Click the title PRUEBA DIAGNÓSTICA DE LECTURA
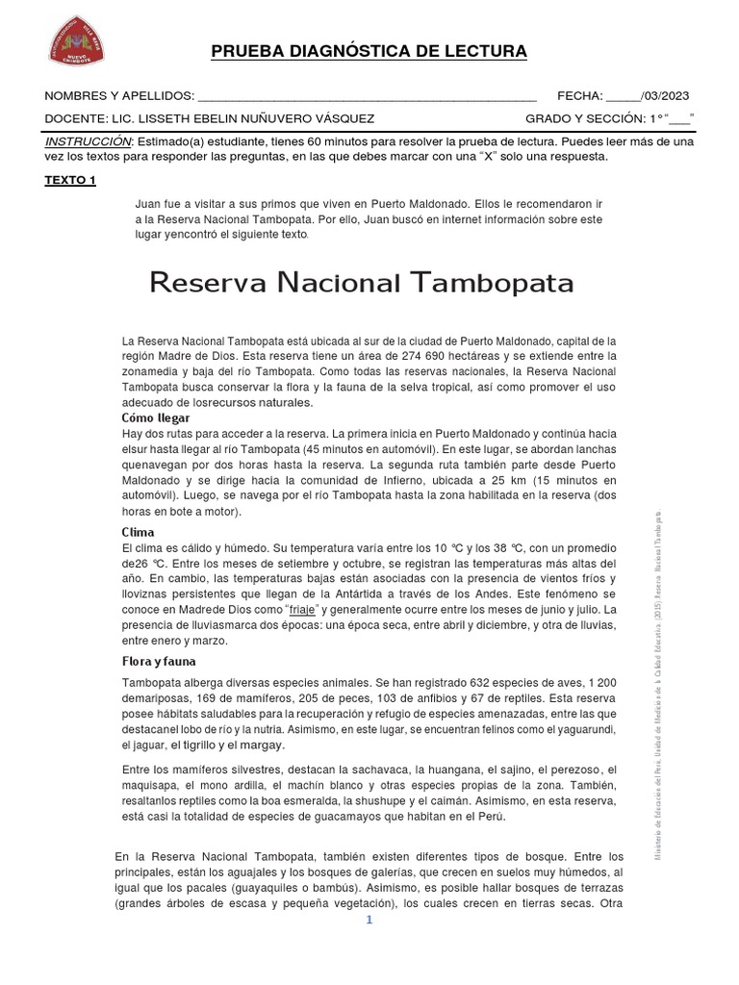(x=369, y=51)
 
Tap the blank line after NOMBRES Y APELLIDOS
(x=366, y=96)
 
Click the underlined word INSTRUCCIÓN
(x=88, y=141)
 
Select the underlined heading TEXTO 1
(x=70, y=180)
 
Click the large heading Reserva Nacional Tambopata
(x=363, y=283)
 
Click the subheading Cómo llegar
(x=155, y=418)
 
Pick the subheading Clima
(x=138, y=532)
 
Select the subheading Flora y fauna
(x=159, y=662)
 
